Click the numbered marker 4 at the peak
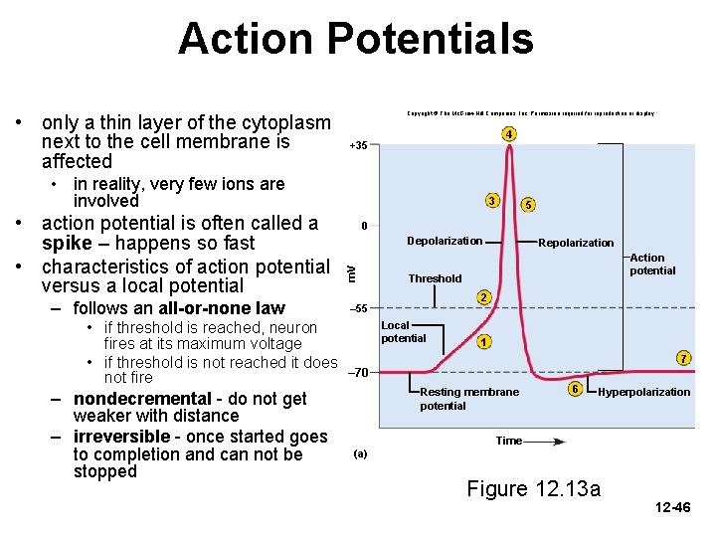tap(508, 134)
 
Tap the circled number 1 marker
tap(482, 343)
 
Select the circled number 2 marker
tap(482, 298)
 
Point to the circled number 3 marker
tap(491, 201)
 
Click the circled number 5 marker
tap(528, 205)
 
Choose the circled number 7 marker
tap(683, 357)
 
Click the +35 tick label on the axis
tap(358, 146)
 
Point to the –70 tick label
tap(359, 373)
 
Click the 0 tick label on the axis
tap(364, 226)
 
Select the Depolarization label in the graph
tap(445, 241)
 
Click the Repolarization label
tap(576, 243)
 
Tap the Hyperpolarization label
tap(643, 392)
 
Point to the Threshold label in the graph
tap(436, 278)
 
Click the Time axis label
tap(509, 441)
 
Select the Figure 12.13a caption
tap(533, 488)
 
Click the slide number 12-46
tap(673, 508)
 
